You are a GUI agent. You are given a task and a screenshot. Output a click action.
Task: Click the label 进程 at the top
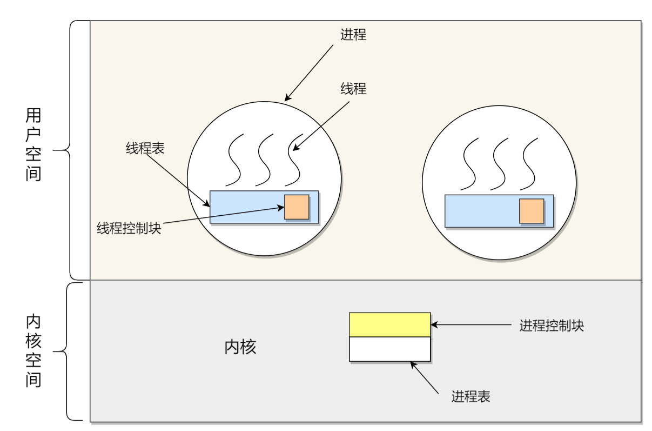pos(353,35)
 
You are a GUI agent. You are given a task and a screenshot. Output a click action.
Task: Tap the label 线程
pos(353,89)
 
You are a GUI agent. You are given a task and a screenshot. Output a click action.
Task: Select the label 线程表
pos(145,149)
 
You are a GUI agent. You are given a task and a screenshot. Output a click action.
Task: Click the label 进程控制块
pos(552,326)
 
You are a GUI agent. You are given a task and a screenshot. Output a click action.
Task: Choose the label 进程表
pos(470,396)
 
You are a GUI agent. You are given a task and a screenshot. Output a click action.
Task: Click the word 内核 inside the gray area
pos(240,347)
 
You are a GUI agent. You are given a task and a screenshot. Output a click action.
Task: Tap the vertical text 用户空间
pos(33,145)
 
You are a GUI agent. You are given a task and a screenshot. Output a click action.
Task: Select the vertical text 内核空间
pos(33,351)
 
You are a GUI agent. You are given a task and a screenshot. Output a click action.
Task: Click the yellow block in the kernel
pos(389,324)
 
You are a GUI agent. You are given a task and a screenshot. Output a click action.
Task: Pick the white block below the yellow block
pos(389,349)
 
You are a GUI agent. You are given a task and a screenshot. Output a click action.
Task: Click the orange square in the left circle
pos(297,207)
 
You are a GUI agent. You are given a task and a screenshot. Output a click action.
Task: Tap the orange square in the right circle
pos(532,211)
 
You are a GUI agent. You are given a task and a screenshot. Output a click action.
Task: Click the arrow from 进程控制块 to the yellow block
pos(470,325)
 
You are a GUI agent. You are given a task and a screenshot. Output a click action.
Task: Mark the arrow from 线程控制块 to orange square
pos(221,215)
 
